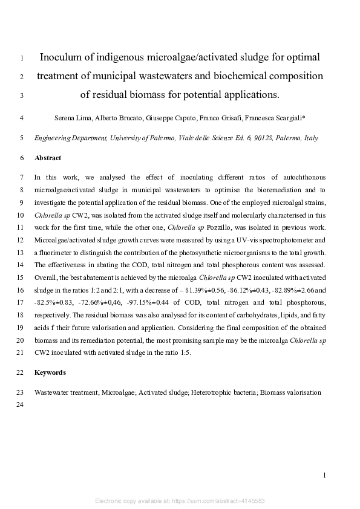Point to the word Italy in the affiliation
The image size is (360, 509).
click(x=310, y=138)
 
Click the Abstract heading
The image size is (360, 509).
click(x=48, y=158)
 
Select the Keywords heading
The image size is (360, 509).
click(x=50, y=372)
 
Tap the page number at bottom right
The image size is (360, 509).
click(x=324, y=476)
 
